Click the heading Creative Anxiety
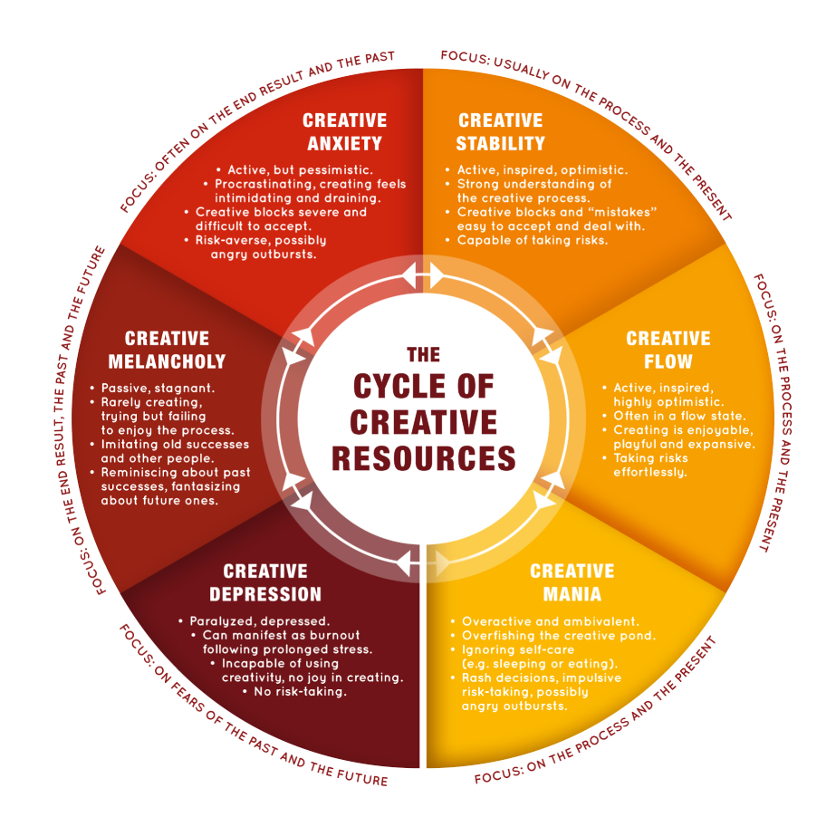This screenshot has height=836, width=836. (344, 131)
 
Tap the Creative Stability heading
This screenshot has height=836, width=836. (501, 131)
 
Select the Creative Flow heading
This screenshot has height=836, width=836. (668, 350)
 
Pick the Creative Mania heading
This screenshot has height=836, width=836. (572, 582)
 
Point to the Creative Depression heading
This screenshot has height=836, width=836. (265, 582)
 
